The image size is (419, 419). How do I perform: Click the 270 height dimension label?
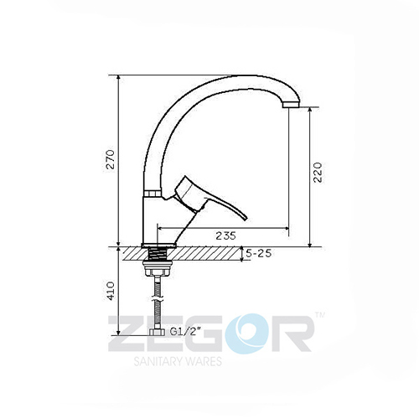coord(111,159)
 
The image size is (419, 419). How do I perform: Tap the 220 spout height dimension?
coord(318,173)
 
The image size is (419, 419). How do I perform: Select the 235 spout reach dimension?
coord(225,235)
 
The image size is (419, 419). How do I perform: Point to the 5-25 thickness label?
coord(258,254)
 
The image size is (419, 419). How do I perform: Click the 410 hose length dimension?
coord(111,291)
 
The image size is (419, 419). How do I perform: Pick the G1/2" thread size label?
coord(186,332)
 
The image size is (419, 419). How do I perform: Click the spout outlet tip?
coord(291,105)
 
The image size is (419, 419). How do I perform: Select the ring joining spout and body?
coord(153,194)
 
